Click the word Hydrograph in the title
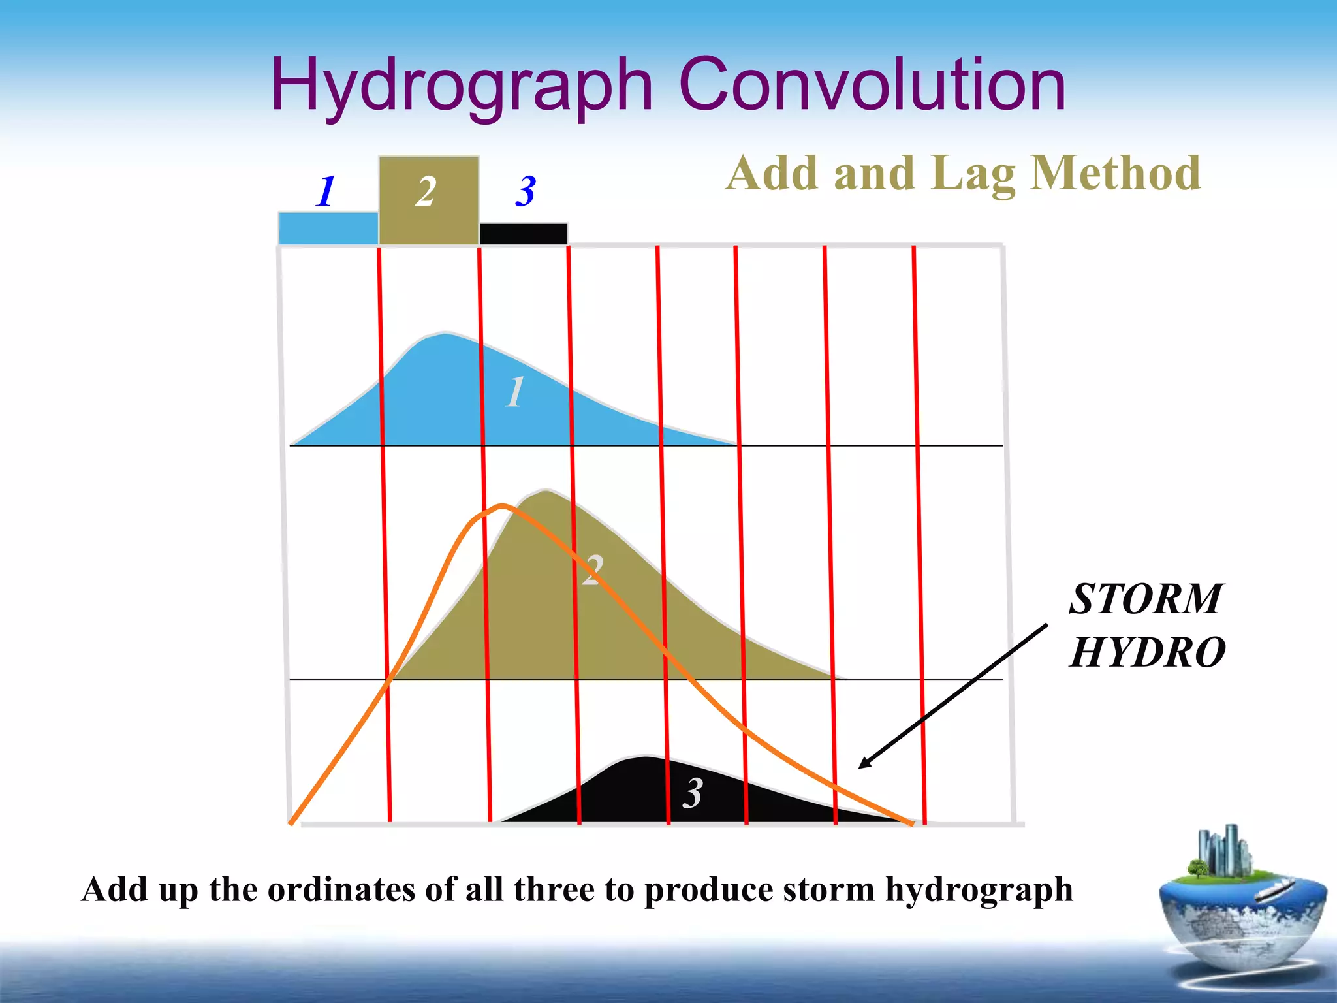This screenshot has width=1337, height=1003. tap(462, 85)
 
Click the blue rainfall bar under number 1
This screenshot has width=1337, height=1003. tap(328, 229)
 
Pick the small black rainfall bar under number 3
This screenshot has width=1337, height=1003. tap(523, 234)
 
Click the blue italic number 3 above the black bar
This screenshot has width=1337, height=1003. tap(525, 191)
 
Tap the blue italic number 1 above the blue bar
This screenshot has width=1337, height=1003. tap(325, 191)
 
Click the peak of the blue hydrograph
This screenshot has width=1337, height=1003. tap(445, 334)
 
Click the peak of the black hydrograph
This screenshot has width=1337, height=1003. tap(645, 757)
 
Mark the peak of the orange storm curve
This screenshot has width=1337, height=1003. tap(501, 505)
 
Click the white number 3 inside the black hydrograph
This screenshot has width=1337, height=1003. tap(692, 793)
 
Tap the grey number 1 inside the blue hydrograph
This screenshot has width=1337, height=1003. tap(514, 392)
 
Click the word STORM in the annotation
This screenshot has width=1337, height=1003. tap(1145, 599)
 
